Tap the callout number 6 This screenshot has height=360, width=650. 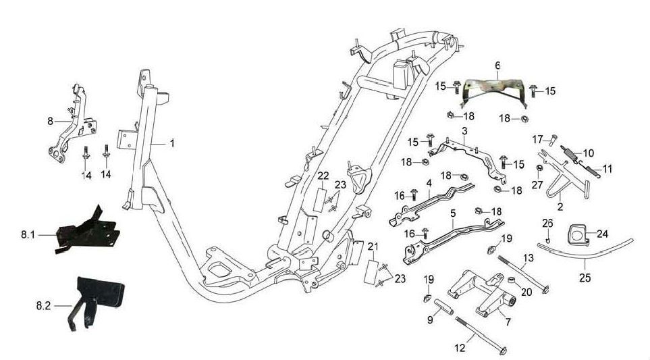pos(497,66)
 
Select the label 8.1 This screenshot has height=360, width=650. pos(28,235)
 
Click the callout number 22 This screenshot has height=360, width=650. pos(323,176)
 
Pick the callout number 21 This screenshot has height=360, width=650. pos(373,245)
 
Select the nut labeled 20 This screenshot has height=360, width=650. pos(512,280)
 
